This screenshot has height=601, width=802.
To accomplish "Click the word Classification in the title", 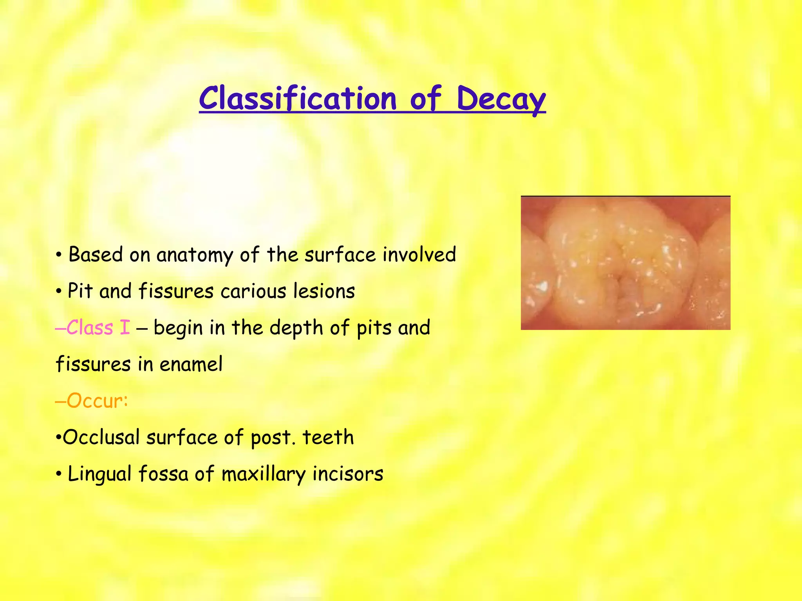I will [298, 98].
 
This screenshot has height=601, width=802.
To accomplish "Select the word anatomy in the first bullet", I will [195, 255].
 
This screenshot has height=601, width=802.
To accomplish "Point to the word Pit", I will [80, 291].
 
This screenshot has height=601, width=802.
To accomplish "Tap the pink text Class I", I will [98, 327].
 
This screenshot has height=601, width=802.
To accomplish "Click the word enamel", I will [191, 364].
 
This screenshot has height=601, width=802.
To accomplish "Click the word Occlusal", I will [101, 437].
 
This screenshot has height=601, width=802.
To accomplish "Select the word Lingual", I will [99, 474].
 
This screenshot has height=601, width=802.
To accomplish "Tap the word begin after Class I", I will [178, 328].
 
